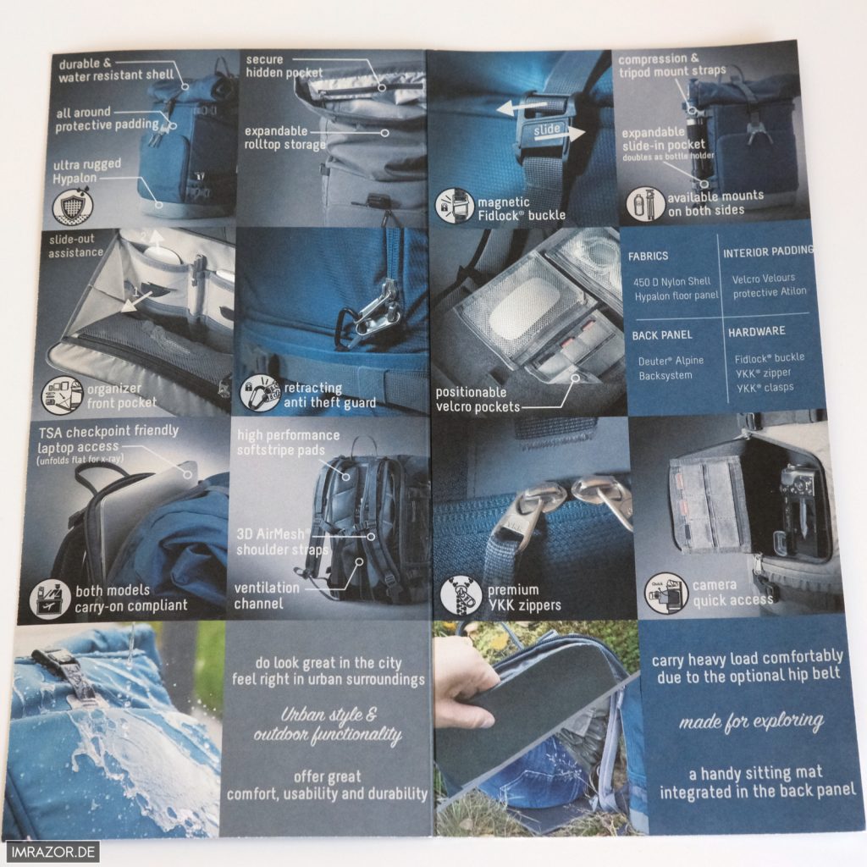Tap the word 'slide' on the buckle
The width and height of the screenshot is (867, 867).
(x=546, y=130)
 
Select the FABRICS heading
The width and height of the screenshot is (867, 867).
(x=648, y=256)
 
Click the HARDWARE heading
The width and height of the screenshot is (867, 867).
(x=756, y=332)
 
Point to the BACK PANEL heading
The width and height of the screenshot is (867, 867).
(x=662, y=335)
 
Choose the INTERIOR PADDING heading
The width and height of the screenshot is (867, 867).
(x=768, y=252)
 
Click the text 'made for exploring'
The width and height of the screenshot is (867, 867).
(x=752, y=721)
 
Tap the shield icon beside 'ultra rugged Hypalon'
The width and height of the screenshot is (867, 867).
(x=73, y=206)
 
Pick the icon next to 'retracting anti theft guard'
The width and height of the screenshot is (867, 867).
(x=260, y=392)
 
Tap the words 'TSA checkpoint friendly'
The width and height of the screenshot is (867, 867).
(x=108, y=431)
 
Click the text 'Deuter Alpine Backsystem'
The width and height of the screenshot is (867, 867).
(x=671, y=367)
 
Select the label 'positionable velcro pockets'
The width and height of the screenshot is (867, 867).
(x=478, y=400)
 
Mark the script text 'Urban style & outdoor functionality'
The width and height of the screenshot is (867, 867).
(x=328, y=725)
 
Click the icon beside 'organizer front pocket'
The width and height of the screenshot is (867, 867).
(x=62, y=395)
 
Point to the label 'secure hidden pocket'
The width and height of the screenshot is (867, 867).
(x=284, y=66)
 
